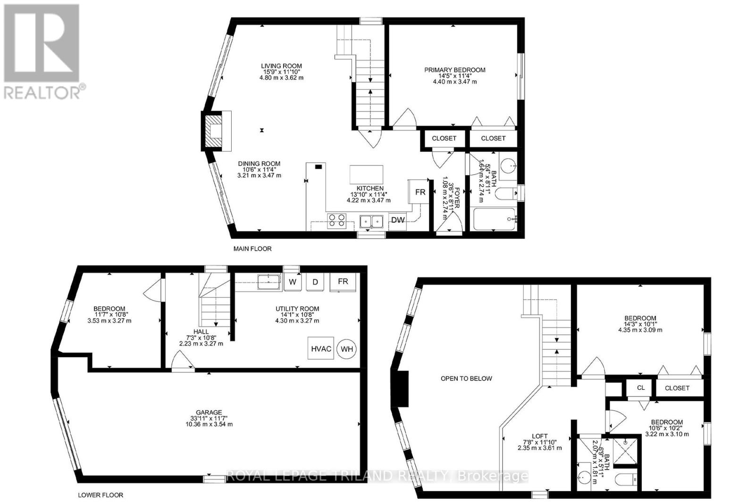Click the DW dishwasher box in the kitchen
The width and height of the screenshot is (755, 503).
(x=397, y=220)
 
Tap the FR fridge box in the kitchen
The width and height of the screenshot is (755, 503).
(x=420, y=192)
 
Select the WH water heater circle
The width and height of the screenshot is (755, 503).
(x=347, y=349)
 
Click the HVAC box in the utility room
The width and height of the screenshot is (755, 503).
(x=321, y=349)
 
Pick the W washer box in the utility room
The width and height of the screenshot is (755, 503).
(x=293, y=282)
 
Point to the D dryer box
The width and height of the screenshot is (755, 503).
(x=315, y=282)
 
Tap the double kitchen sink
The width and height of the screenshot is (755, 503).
(x=371, y=221)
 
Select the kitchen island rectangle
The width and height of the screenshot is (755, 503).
(x=366, y=174)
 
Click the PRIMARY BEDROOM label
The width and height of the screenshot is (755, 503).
(x=454, y=70)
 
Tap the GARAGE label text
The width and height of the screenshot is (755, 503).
(x=210, y=412)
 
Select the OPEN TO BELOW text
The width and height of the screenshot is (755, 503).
(x=466, y=378)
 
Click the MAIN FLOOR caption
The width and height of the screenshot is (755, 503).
(x=252, y=248)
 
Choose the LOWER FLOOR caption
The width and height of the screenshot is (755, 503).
(x=101, y=495)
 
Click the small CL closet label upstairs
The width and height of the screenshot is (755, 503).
(x=640, y=388)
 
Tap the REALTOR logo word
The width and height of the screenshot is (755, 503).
(x=42, y=92)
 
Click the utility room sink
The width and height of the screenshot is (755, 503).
(x=269, y=282)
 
